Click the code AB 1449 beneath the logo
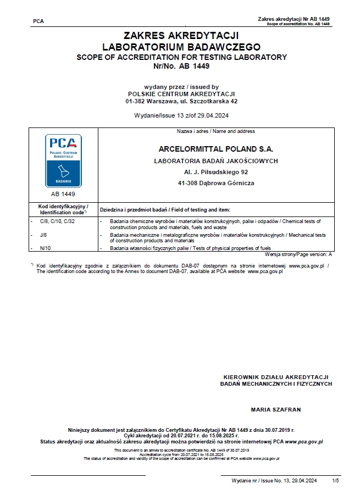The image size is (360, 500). pos(63,194)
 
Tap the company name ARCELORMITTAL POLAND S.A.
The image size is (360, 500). pos(215,149)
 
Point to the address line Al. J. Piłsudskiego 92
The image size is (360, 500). pos(215,172)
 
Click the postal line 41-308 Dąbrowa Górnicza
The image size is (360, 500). pos(215,183)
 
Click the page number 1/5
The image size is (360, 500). pos(336,480)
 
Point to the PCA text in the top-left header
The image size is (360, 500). pos(38,21)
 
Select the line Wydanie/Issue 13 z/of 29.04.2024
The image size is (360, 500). pos(181,116)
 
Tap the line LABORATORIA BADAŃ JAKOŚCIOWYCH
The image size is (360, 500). pos(215,160)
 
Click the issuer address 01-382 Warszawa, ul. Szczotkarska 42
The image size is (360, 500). pos(181,101)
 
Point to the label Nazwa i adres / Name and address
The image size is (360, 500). pos(215,131)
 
